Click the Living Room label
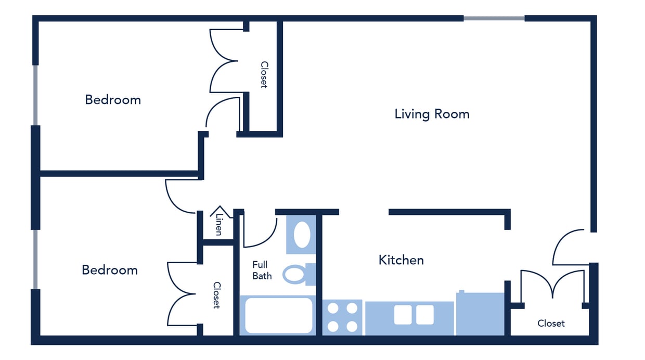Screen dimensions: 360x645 point(432,114)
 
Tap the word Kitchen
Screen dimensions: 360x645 point(401,260)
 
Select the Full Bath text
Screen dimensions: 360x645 point(262,271)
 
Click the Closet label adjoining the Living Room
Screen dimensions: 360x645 point(264,75)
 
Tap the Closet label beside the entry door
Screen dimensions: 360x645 point(551,323)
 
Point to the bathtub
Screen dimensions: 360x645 point(279,315)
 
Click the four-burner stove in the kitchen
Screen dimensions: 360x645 point(342,317)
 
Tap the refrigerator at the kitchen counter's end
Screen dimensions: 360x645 point(480,314)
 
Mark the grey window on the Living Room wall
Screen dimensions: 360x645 point(494,18)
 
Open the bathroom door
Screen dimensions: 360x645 point(260,232)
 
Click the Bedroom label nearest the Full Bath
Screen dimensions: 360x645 point(110,270)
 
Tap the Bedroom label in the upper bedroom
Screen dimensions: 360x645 point(113,99)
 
